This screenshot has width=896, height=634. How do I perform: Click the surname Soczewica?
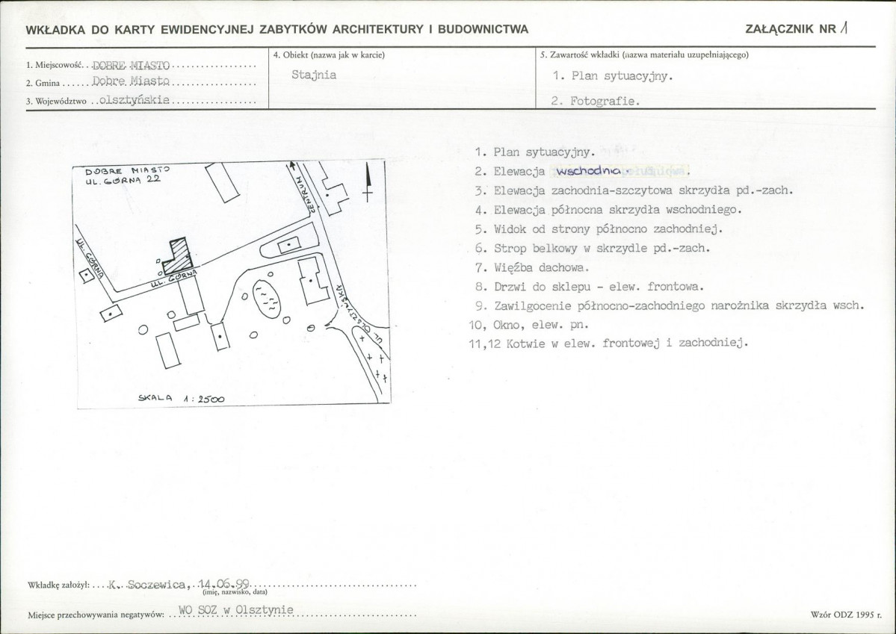pyautogui.click(x=156, y=584)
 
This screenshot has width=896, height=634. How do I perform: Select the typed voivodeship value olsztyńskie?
pyautogui.click(x=135, y=100)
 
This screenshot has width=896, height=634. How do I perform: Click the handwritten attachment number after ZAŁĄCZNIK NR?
pyautogui.click(x=844, y=28)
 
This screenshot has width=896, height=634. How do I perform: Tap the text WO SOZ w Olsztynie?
pyautogui.click(x=236, y=610)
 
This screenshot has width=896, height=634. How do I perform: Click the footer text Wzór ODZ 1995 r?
pyautogui.click(x=846, y=615)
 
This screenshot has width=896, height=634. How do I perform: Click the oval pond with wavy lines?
pyautogui.click(x=266, y=300)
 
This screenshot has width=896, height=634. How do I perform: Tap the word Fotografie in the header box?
pyautogui.click(x=605, y=101)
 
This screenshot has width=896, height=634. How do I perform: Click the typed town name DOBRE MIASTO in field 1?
pyautogui.click(x=131, y=65)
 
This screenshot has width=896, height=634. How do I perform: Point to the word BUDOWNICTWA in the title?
pyautogui.click(x=484, y=30)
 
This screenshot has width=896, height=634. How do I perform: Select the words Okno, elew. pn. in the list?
pyautogui.click(x=540, y=325)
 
